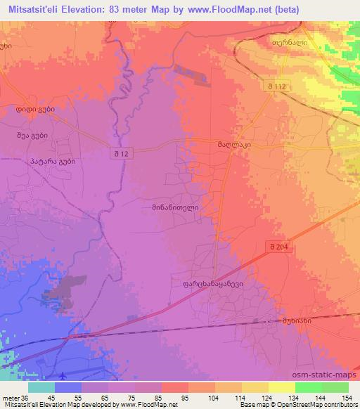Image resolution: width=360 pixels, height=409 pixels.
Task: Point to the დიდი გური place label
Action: point(36,110)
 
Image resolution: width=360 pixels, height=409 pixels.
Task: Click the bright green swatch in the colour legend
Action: point(309,387)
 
